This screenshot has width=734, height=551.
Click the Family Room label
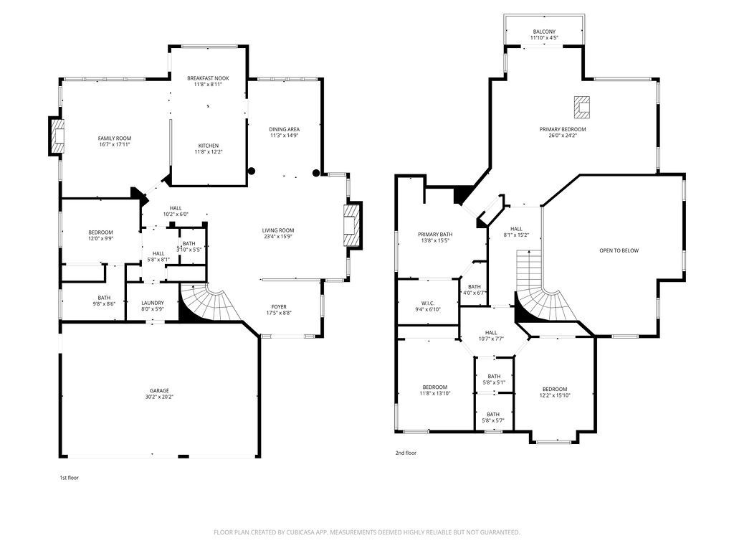(115, 138)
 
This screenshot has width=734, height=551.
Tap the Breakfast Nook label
(209, 78)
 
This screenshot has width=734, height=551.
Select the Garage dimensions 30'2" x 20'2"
(159, 397)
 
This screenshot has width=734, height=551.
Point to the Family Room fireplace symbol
(56, 136)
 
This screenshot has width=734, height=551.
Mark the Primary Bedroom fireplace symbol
(582, 108)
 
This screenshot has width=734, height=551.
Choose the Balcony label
(544, 32)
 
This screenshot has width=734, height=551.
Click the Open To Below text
(619, 250)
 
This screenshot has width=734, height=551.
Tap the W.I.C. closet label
(428, 303)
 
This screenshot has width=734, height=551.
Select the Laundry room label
(153, 303)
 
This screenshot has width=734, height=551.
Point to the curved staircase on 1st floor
(211, 303)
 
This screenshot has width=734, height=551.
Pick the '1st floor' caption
(70, 478)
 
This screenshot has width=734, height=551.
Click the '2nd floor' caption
(406, 453)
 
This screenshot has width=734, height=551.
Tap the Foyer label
(279, 307)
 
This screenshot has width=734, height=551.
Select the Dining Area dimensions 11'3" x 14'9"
(284, 136)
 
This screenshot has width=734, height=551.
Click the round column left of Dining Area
(252, 171)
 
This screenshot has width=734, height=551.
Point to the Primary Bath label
(435, 235)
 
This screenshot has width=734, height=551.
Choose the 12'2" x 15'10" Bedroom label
(555, 392)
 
